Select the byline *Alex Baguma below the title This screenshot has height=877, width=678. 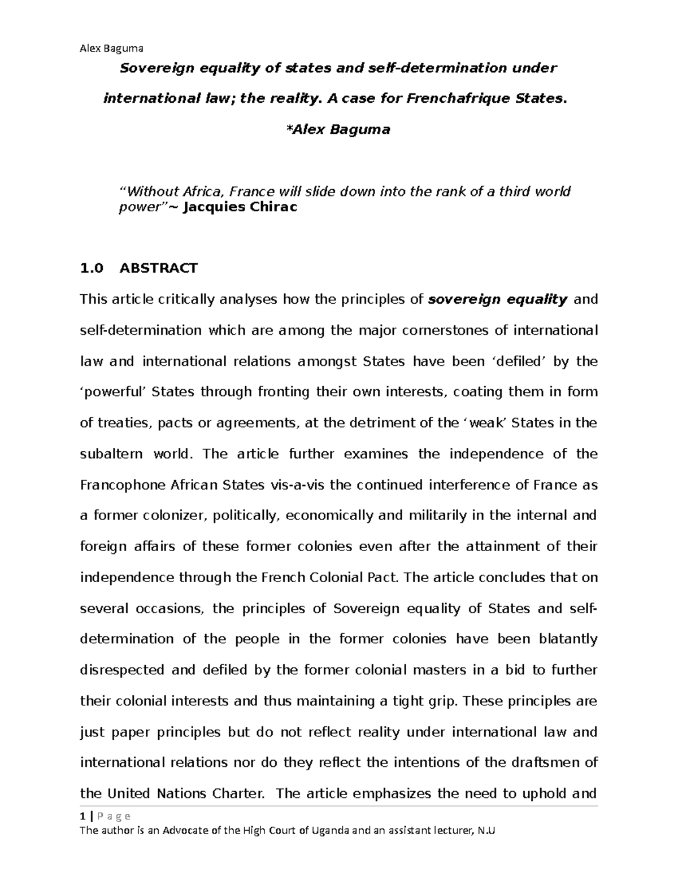click(338, 129)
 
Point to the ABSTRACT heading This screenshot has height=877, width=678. click(158, 268)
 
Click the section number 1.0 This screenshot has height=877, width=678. click(92, 268)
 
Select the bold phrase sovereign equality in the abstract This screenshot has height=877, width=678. click(498, 299)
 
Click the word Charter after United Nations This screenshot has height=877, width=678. click(237, 794)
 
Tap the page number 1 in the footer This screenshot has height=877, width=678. click(82, 816)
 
